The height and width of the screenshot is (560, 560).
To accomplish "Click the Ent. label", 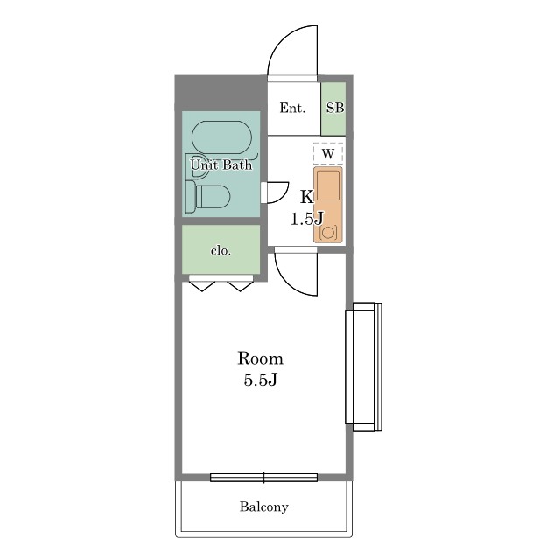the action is point(292,108).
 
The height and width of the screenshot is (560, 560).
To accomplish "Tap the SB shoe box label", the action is point(334,108).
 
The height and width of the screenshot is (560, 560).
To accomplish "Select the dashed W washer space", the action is point(328,154).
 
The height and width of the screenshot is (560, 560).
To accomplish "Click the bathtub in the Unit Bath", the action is point(221,137).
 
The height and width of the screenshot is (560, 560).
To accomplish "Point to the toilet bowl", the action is point(213,196).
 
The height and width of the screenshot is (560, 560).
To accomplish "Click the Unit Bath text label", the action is point(221,164).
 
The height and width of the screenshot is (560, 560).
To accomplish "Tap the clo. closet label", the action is point(220,251).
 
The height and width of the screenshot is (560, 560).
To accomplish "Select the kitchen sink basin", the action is point(328,185).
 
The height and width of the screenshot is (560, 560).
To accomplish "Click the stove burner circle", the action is point(328,233).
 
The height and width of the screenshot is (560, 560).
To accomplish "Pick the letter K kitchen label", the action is point(307,196).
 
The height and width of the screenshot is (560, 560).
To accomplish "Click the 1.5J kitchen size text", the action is point(307,219).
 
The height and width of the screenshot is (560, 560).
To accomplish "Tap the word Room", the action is point(261,358).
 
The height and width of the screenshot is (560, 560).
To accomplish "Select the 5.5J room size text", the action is point(261,381).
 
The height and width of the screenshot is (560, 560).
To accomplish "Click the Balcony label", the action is point(264,507).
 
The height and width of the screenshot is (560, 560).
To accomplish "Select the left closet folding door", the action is point(202,286).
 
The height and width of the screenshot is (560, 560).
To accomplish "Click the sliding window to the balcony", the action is point(264,478).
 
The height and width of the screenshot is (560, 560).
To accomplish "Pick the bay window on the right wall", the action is point(364,367).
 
